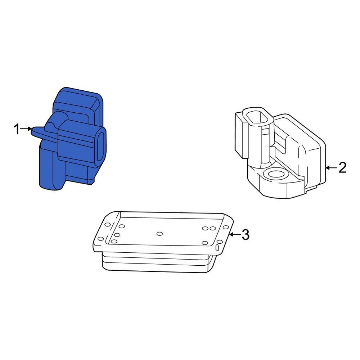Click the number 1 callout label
point(17,129)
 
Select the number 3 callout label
point(246,234)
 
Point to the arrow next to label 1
point(26,129)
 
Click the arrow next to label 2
point(331,168)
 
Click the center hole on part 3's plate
point(159,234)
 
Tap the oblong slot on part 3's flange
point(217,247)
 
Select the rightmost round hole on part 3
point(226,227)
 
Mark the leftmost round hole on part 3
point(100,239)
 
